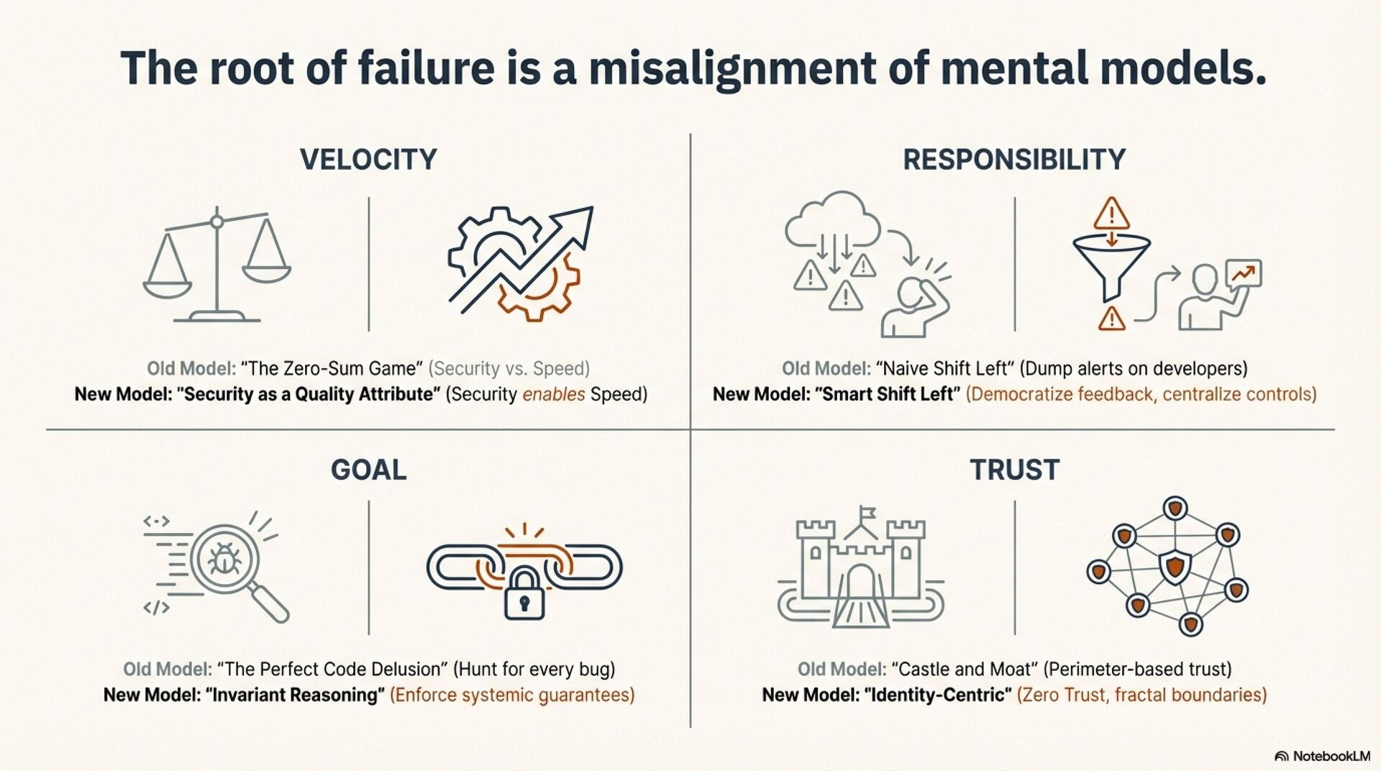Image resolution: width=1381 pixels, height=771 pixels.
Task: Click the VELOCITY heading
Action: coord(368,159)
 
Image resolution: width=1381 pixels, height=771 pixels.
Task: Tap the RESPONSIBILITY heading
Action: coord(1014,159)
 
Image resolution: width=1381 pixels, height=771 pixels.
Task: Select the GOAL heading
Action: coord(368,470)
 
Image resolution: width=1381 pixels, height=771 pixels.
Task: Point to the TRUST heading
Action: coord(1014,470)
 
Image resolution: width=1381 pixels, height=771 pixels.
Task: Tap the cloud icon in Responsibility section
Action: coord(832,219)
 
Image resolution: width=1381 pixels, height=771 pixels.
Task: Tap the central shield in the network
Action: coord(1175,566)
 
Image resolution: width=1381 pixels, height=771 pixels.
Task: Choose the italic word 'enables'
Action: coord(553,394)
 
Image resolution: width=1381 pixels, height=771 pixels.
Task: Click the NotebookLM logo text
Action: coord(1331,756)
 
